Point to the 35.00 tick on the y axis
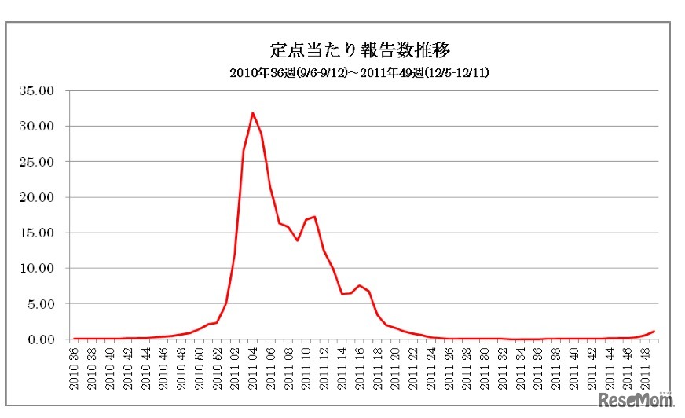pyautogui.click(x=36, y=90)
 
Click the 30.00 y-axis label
pyautogui.click(x=36, y=126)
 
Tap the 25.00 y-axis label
pyautogui.click(x=36, y=161)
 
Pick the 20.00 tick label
pyautogui.click(x=36, y=197)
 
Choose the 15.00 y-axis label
pyautogui.click(x=36, y=233)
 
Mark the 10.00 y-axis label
pyautogui.click(x=36, y=268)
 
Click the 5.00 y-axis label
pyautogui.click(x=39, y=303)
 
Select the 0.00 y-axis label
pyautogui.click(x=39, y=339)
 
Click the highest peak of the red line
pyautogui.click(x=252, y=113)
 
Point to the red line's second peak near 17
pyautogui.click(x=314, y=217)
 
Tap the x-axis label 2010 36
pyautogui.click(x=75, y=368)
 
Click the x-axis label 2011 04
pyautogui.click(x=253, y=368)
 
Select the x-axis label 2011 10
pyautogui.click(x=306, y=368)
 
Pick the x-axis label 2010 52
pyautogui.click(x=218, y=368)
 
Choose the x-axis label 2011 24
pyautogui.click(x=430, y=368)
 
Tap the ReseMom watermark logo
pyautogui.click(x=636, y=401)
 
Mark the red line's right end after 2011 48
pyautogui.click(x=654, y=332)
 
